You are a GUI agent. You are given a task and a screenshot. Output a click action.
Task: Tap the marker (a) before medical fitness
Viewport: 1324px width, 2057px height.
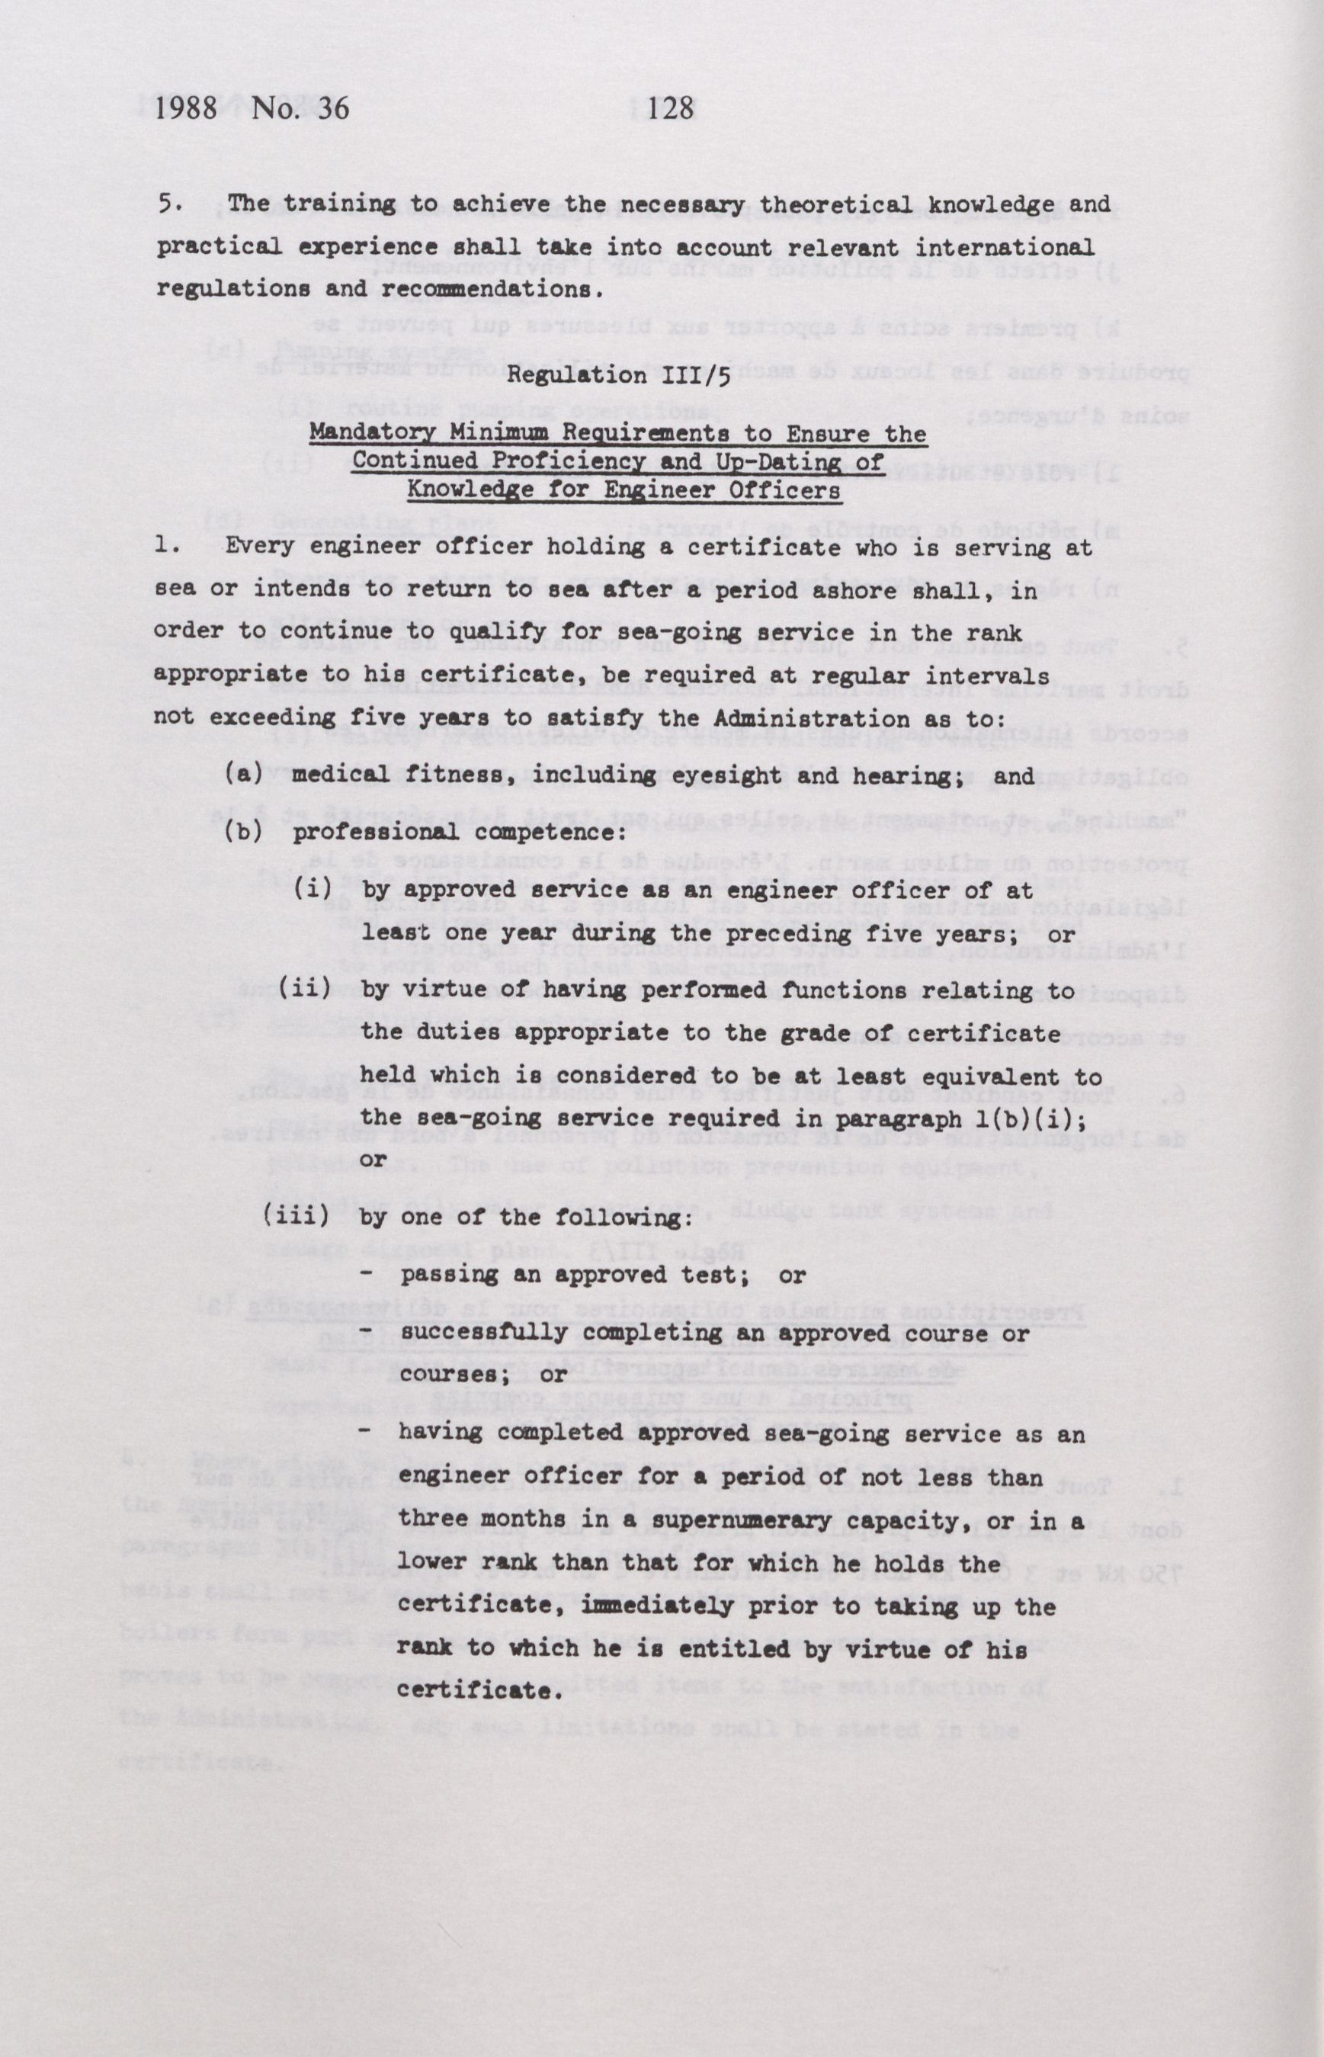(x=243, y=774)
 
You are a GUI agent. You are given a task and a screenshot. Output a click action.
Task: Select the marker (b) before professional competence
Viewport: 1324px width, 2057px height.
(x=243, y=833)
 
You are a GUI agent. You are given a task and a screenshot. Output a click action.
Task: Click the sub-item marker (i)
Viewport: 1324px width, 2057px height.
(x=314, y=888)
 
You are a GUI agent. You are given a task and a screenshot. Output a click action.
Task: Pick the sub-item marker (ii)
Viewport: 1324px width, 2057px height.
(x=305, y=989)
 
